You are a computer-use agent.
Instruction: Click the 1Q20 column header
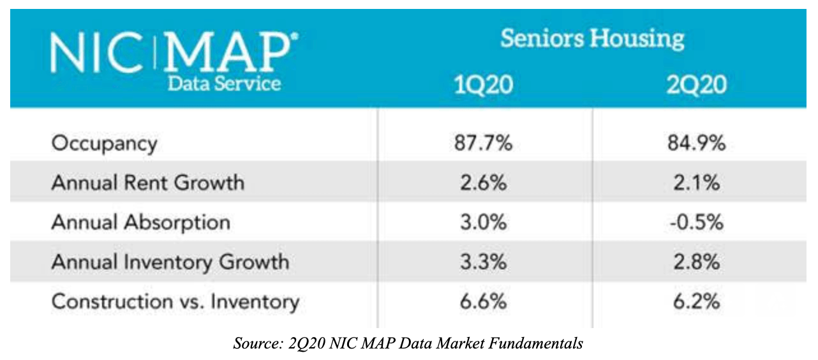(x=484, y=85)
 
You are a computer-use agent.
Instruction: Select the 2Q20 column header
(x=696, y=85)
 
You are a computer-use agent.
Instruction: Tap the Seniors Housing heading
(x=592, y=39)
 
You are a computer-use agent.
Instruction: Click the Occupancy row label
(x=105, y=144)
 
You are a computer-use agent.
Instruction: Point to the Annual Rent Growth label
(x=148, y=183)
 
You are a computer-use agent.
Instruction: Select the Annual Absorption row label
(x=141, y=223)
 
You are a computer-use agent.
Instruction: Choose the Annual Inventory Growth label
(x=170, y=262)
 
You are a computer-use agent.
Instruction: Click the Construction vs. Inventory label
(x=175, y=302)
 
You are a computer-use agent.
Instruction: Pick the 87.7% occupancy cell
(x=483, y=143)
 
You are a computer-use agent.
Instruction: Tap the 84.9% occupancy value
(x=696, y=143)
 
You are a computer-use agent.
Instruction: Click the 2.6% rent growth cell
(x=483, y=183)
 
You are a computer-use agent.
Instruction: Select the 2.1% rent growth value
(x=696, y=183)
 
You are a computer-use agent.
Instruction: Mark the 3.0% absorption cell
(x=483, y=222)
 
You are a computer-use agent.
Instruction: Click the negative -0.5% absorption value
(x=696, y=222)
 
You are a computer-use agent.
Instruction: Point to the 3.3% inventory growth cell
(x=483, y=262)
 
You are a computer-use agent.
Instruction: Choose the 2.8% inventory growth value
(x=696, y=262)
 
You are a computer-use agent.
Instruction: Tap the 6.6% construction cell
(x=483, y=302)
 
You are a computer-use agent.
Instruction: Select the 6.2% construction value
(x=696, y=302)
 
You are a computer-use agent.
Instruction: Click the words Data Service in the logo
(x=224, y=84)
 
